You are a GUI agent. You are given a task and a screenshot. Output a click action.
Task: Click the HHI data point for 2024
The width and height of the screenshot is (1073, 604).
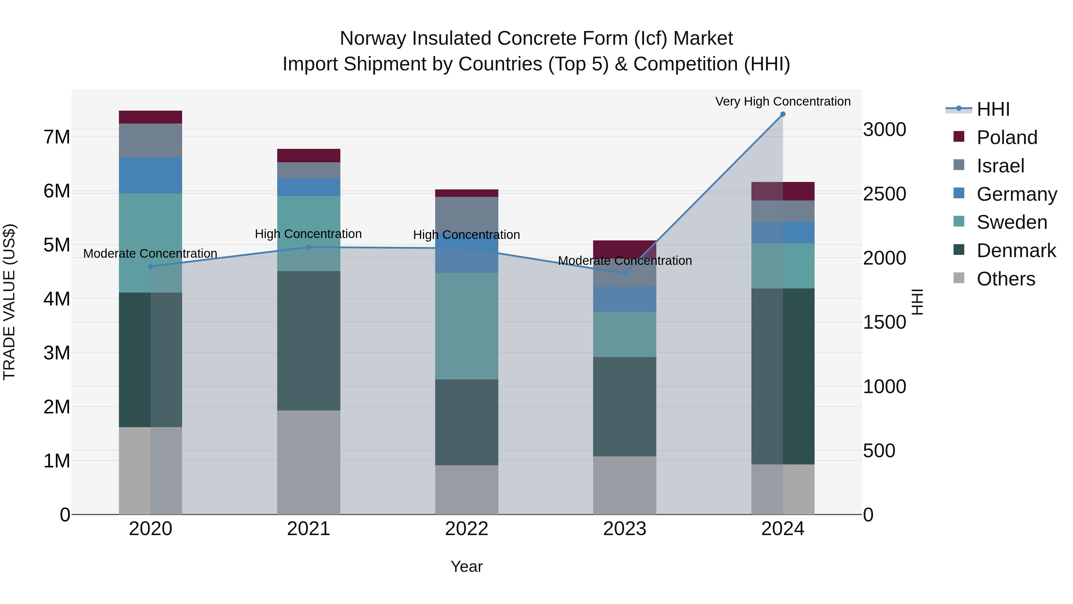783,114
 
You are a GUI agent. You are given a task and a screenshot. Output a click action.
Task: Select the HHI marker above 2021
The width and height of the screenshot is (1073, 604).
309,247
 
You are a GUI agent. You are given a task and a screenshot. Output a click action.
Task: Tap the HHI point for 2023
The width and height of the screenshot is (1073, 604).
624,274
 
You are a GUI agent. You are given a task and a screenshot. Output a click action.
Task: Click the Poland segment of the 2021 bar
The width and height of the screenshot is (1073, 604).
309,155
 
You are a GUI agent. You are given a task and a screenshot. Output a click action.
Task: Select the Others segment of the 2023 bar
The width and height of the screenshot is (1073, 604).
624,485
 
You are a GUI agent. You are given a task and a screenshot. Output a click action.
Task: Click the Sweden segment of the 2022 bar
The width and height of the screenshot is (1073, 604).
466,326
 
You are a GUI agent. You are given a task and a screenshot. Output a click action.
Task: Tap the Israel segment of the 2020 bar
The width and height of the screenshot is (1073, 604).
151,140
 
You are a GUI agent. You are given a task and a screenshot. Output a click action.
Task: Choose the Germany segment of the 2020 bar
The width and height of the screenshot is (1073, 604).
151,175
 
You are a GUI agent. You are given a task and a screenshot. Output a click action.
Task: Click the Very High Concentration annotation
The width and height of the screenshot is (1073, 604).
783,101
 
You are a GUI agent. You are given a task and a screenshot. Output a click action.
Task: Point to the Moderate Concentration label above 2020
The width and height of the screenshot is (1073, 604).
151,254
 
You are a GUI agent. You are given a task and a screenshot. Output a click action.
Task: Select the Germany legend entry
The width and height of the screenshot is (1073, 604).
1016,194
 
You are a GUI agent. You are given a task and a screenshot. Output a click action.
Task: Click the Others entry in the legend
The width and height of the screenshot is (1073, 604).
1006,279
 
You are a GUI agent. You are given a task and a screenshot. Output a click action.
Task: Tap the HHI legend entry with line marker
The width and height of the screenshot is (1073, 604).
993,109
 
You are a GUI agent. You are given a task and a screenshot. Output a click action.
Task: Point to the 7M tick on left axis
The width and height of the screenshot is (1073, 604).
57,137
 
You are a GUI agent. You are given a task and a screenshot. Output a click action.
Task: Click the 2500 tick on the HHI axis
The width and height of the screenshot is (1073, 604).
884,194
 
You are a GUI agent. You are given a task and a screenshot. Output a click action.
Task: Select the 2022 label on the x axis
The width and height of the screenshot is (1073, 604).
466,529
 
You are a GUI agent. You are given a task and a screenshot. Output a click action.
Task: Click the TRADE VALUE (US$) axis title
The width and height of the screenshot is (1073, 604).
10,302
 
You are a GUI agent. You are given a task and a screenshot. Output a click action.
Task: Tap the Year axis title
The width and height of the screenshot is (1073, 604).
466,566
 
